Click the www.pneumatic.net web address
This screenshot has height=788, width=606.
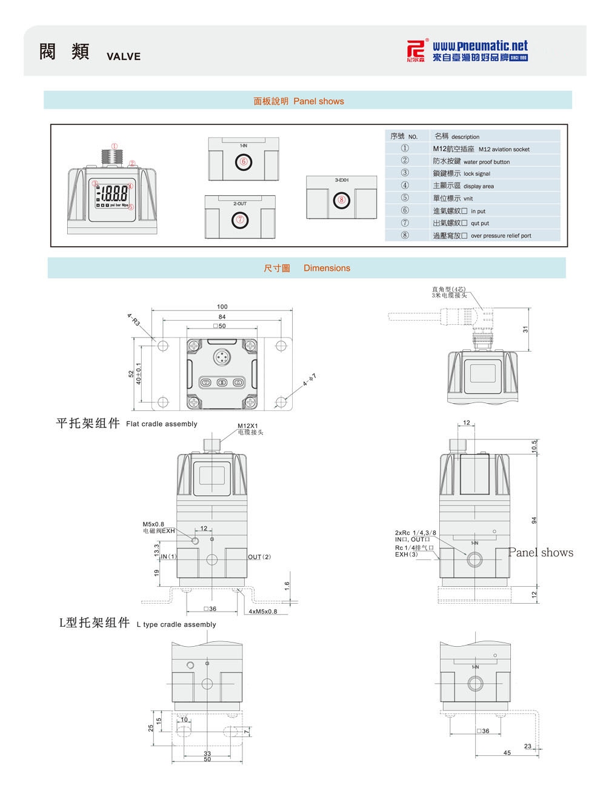click(480, 46)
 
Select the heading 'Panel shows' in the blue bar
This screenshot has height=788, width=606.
click(318, 101)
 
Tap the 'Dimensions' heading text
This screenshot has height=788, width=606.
click(327, 268)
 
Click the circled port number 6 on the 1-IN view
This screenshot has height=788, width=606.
click(243, 162)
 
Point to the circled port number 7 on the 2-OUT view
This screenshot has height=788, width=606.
click(241, 220)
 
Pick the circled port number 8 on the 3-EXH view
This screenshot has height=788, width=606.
click(342, 199)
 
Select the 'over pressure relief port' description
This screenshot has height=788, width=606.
click(501, 236)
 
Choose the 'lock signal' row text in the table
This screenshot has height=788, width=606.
click(476, 174)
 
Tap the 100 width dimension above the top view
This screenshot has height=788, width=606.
click(222, 307)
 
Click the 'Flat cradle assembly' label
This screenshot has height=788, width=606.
click(161, 424)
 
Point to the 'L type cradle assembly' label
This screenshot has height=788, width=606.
click(176, 624)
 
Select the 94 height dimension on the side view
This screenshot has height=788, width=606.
click(534, 520)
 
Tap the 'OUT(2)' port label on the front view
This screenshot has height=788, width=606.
click(259, 557)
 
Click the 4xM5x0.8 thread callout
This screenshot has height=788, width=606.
click(262, 612)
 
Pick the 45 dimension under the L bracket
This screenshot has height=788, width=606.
click(507, 753)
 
